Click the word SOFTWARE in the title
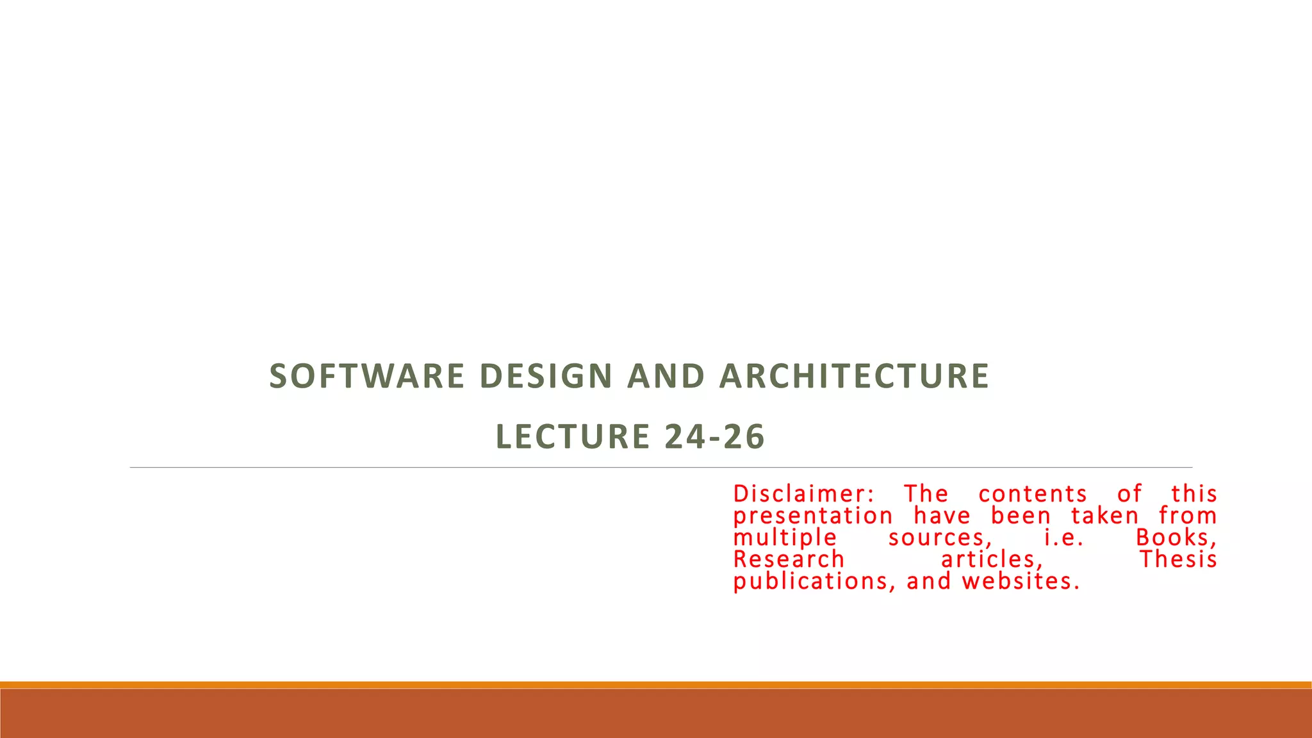pyautogui.click(x=366, y=376)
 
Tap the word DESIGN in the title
pyautogui.click(x=546, y=376)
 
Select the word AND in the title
pyautogui.click(x=666, y=376)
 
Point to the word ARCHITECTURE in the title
pyautogui.click(x=854, y=376)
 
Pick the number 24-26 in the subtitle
pyautogui.click(x=715, y=437)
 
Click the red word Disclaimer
pyautogui.click(x=803, y=494)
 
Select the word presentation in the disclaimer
pyautogui.click(x=813, y=516)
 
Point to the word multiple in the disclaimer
pyautogui.click(x=785, y=537)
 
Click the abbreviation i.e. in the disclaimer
pyautogui.click(x=1063, y=537)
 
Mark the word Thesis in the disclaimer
pyautogui.click(x=1178, y=559)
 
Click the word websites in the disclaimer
pyautogui.click(x=1021, y=581)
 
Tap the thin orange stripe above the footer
pyautogui.click(x=656, y=685)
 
